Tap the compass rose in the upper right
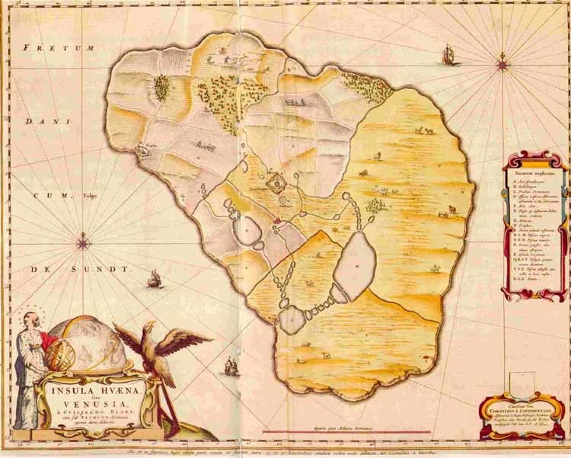[502, 64]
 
